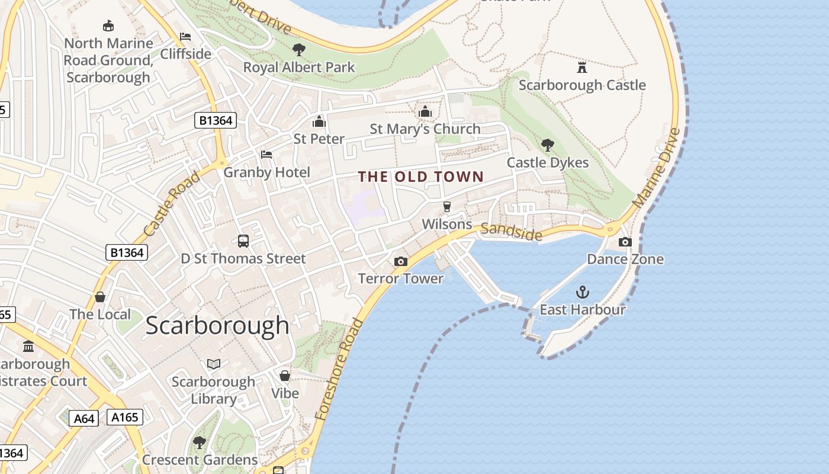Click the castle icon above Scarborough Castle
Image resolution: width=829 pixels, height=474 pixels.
pos(582,67)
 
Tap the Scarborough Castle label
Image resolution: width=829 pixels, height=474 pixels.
pos(582,85)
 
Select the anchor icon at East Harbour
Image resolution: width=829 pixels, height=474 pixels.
pos(583,292)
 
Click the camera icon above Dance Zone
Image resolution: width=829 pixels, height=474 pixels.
pos(625,242)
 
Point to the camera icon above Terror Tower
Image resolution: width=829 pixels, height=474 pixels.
pos(401,261)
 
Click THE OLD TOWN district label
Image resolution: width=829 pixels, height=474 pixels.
pos(421,177)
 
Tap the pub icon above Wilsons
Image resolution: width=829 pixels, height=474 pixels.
pos(447,207)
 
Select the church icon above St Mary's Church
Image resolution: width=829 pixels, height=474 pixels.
pos(425,111)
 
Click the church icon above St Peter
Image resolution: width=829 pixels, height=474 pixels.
pos(319,121)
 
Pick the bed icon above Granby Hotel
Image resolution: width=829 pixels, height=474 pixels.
pos(266,155)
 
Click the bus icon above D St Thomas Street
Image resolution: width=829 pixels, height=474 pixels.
pos(243,241)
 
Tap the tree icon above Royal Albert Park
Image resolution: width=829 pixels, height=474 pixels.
pos(299,50)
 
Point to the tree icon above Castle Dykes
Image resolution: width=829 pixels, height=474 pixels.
pos(548,145)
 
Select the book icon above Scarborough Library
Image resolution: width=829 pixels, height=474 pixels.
pos(213,364)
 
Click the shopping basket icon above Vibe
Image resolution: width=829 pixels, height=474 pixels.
pos(285,376)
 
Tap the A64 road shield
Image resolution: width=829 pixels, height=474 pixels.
pos(83,418)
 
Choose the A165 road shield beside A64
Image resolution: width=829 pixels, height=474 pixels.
pos(125,417)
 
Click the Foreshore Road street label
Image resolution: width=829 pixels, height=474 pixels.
pos(339,369)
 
